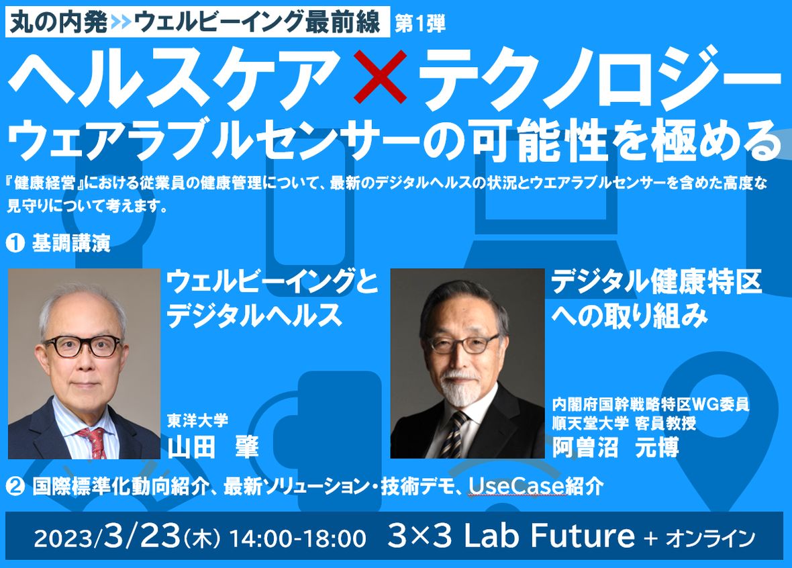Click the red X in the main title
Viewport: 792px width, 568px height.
(x=380, y=77)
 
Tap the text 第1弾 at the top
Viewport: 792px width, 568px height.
(x=419, y=23)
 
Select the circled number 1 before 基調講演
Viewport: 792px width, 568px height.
(x=15, y=243)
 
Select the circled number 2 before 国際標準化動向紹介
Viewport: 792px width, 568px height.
(x=15, y=486)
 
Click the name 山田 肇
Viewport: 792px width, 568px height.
(x=213, y=446)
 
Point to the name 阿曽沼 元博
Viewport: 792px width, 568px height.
(x=615, y=446)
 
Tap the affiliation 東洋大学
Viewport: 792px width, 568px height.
(x=198, y=420)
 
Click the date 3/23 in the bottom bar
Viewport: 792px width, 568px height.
(x=142, y=536)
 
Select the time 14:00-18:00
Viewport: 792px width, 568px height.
(x=298, y=538)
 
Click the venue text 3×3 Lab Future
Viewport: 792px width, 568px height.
(x=511, y=535)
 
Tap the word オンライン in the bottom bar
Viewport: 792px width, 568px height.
(x=710, y=538)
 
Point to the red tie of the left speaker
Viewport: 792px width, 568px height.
(x=93, y=442)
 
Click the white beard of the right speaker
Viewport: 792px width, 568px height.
(x=458, y=389)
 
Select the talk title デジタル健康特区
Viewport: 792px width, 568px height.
(x=656, y=281)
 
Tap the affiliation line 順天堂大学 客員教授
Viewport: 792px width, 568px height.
(x=624, y=422)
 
